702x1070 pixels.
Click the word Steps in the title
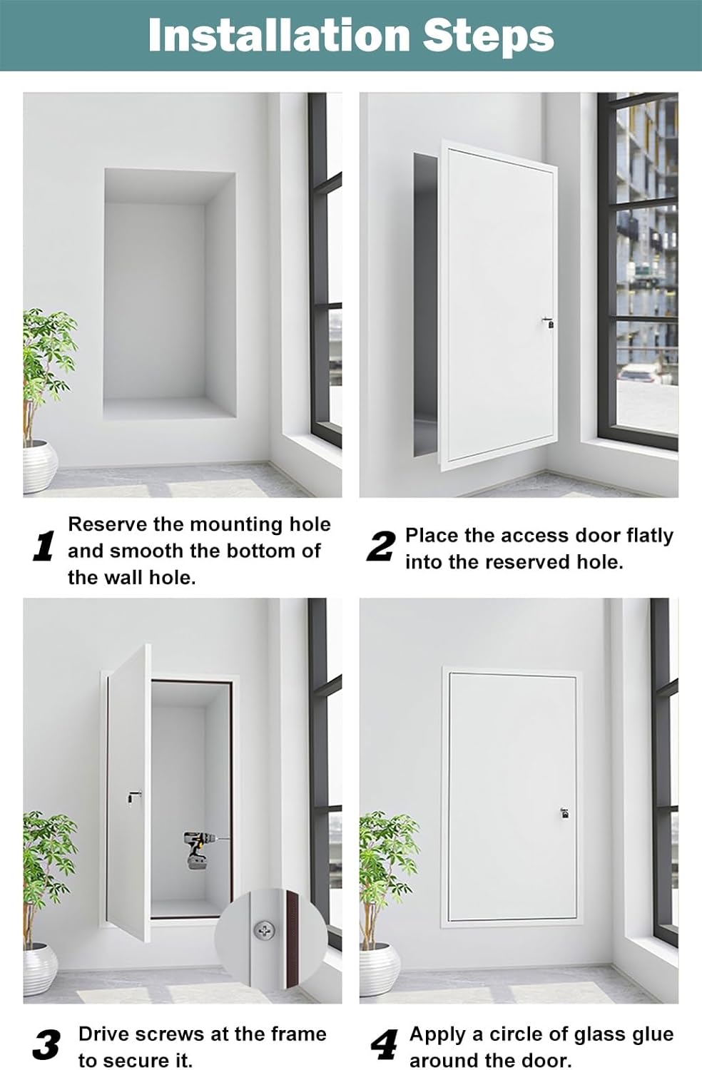tap(488, 36)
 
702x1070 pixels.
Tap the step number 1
tap(44, 547)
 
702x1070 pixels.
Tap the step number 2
tap(381, 547)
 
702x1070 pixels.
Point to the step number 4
tap(385, 1046)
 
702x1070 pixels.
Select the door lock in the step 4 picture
tap(564, 812)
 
